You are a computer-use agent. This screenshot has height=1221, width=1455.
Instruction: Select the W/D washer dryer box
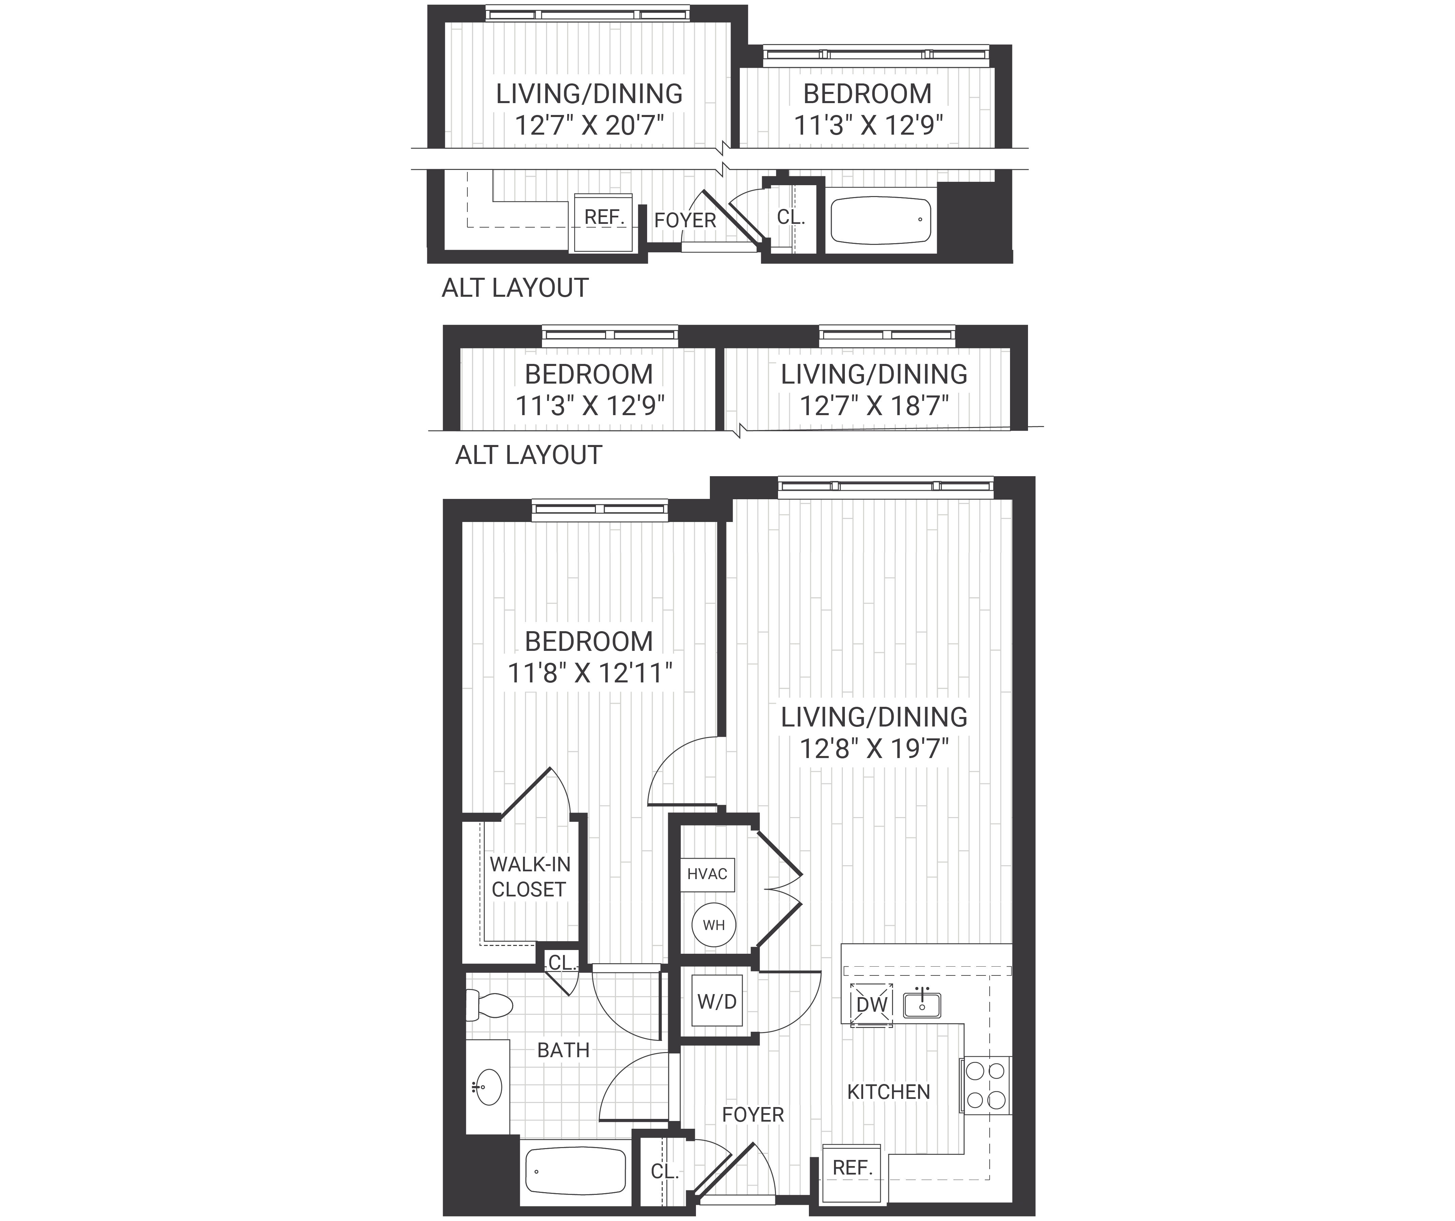[717, 1001]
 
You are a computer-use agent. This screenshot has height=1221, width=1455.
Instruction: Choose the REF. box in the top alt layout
[604, 222]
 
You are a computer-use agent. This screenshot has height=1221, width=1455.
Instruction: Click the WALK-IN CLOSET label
[530, 877]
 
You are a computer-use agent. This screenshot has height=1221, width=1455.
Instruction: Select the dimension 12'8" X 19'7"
[874, 749]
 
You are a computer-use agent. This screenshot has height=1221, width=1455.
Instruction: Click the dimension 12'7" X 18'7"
[874, 405]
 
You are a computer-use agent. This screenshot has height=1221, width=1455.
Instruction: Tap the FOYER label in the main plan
[753, 1115]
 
